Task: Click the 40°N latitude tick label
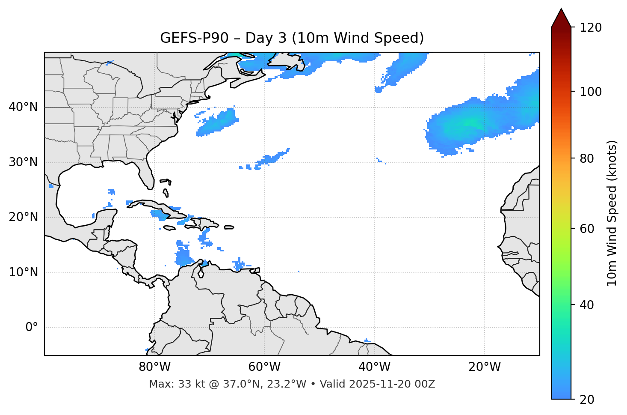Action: pos(23,107)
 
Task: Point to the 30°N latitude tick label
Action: pos(23,162)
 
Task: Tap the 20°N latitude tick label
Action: pos(23,217)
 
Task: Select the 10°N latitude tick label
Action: pos(23,272)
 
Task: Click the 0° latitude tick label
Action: pos(32,328)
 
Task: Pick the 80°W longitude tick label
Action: pos(154,367)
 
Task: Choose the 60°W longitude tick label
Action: pos(264,367)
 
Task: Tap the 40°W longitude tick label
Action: pos(374,367)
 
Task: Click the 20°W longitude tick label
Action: pos(484,367)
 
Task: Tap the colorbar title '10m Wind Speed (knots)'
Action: pos(612,213)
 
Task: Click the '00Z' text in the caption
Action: pos(426,384)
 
